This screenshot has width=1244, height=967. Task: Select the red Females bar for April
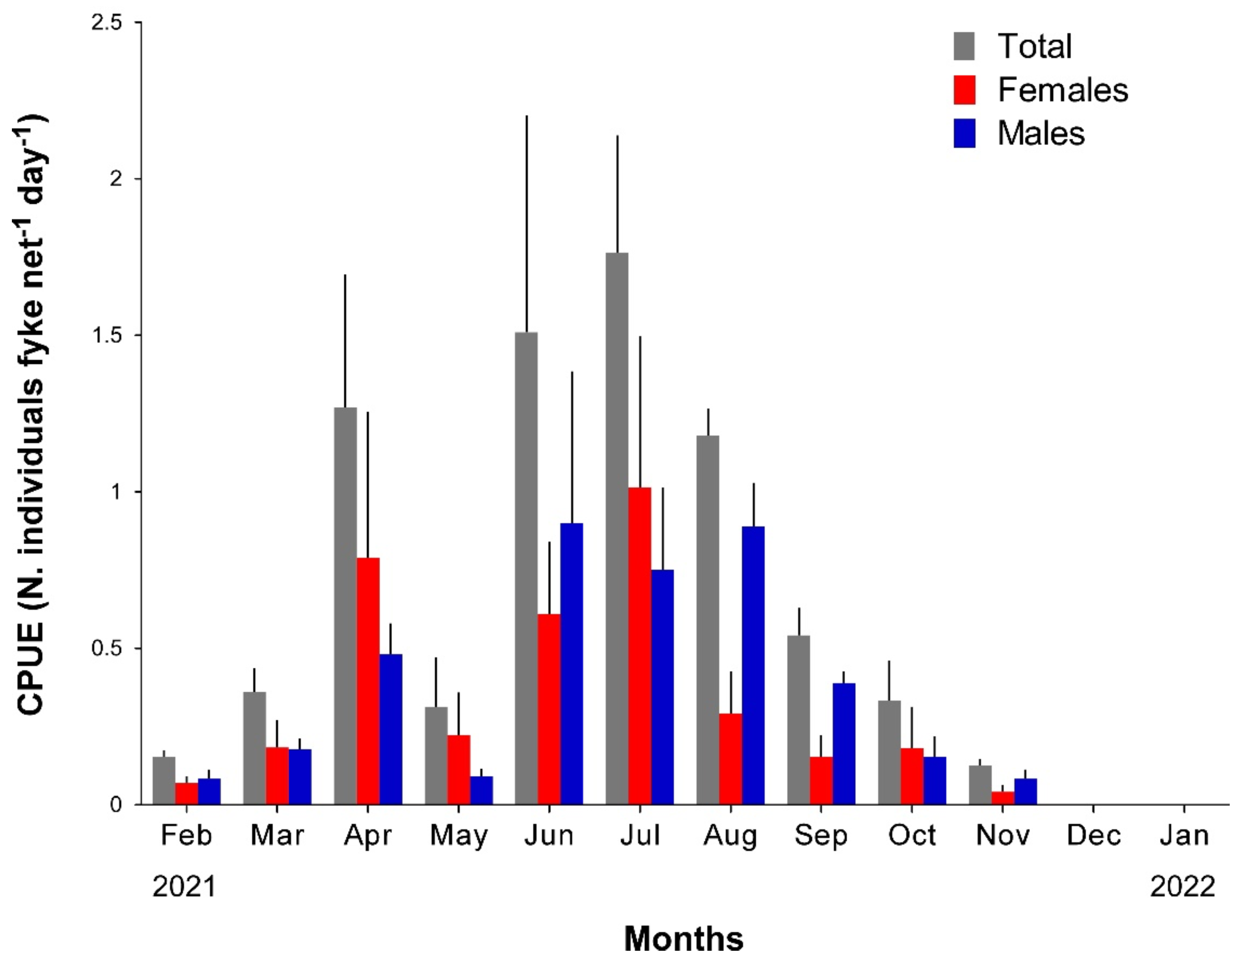click(368, 680)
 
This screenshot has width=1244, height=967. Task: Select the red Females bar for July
click(640, 646)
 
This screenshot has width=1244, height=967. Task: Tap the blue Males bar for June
click(571, 663)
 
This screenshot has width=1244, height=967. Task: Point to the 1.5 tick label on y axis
click(109, 335)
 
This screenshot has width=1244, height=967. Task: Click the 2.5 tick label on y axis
click(109, 23)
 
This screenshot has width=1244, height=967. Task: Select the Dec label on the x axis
click(1093, 835)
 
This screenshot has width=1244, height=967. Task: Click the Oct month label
click(911, 835)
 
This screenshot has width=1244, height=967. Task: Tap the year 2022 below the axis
click(1182, 887)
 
